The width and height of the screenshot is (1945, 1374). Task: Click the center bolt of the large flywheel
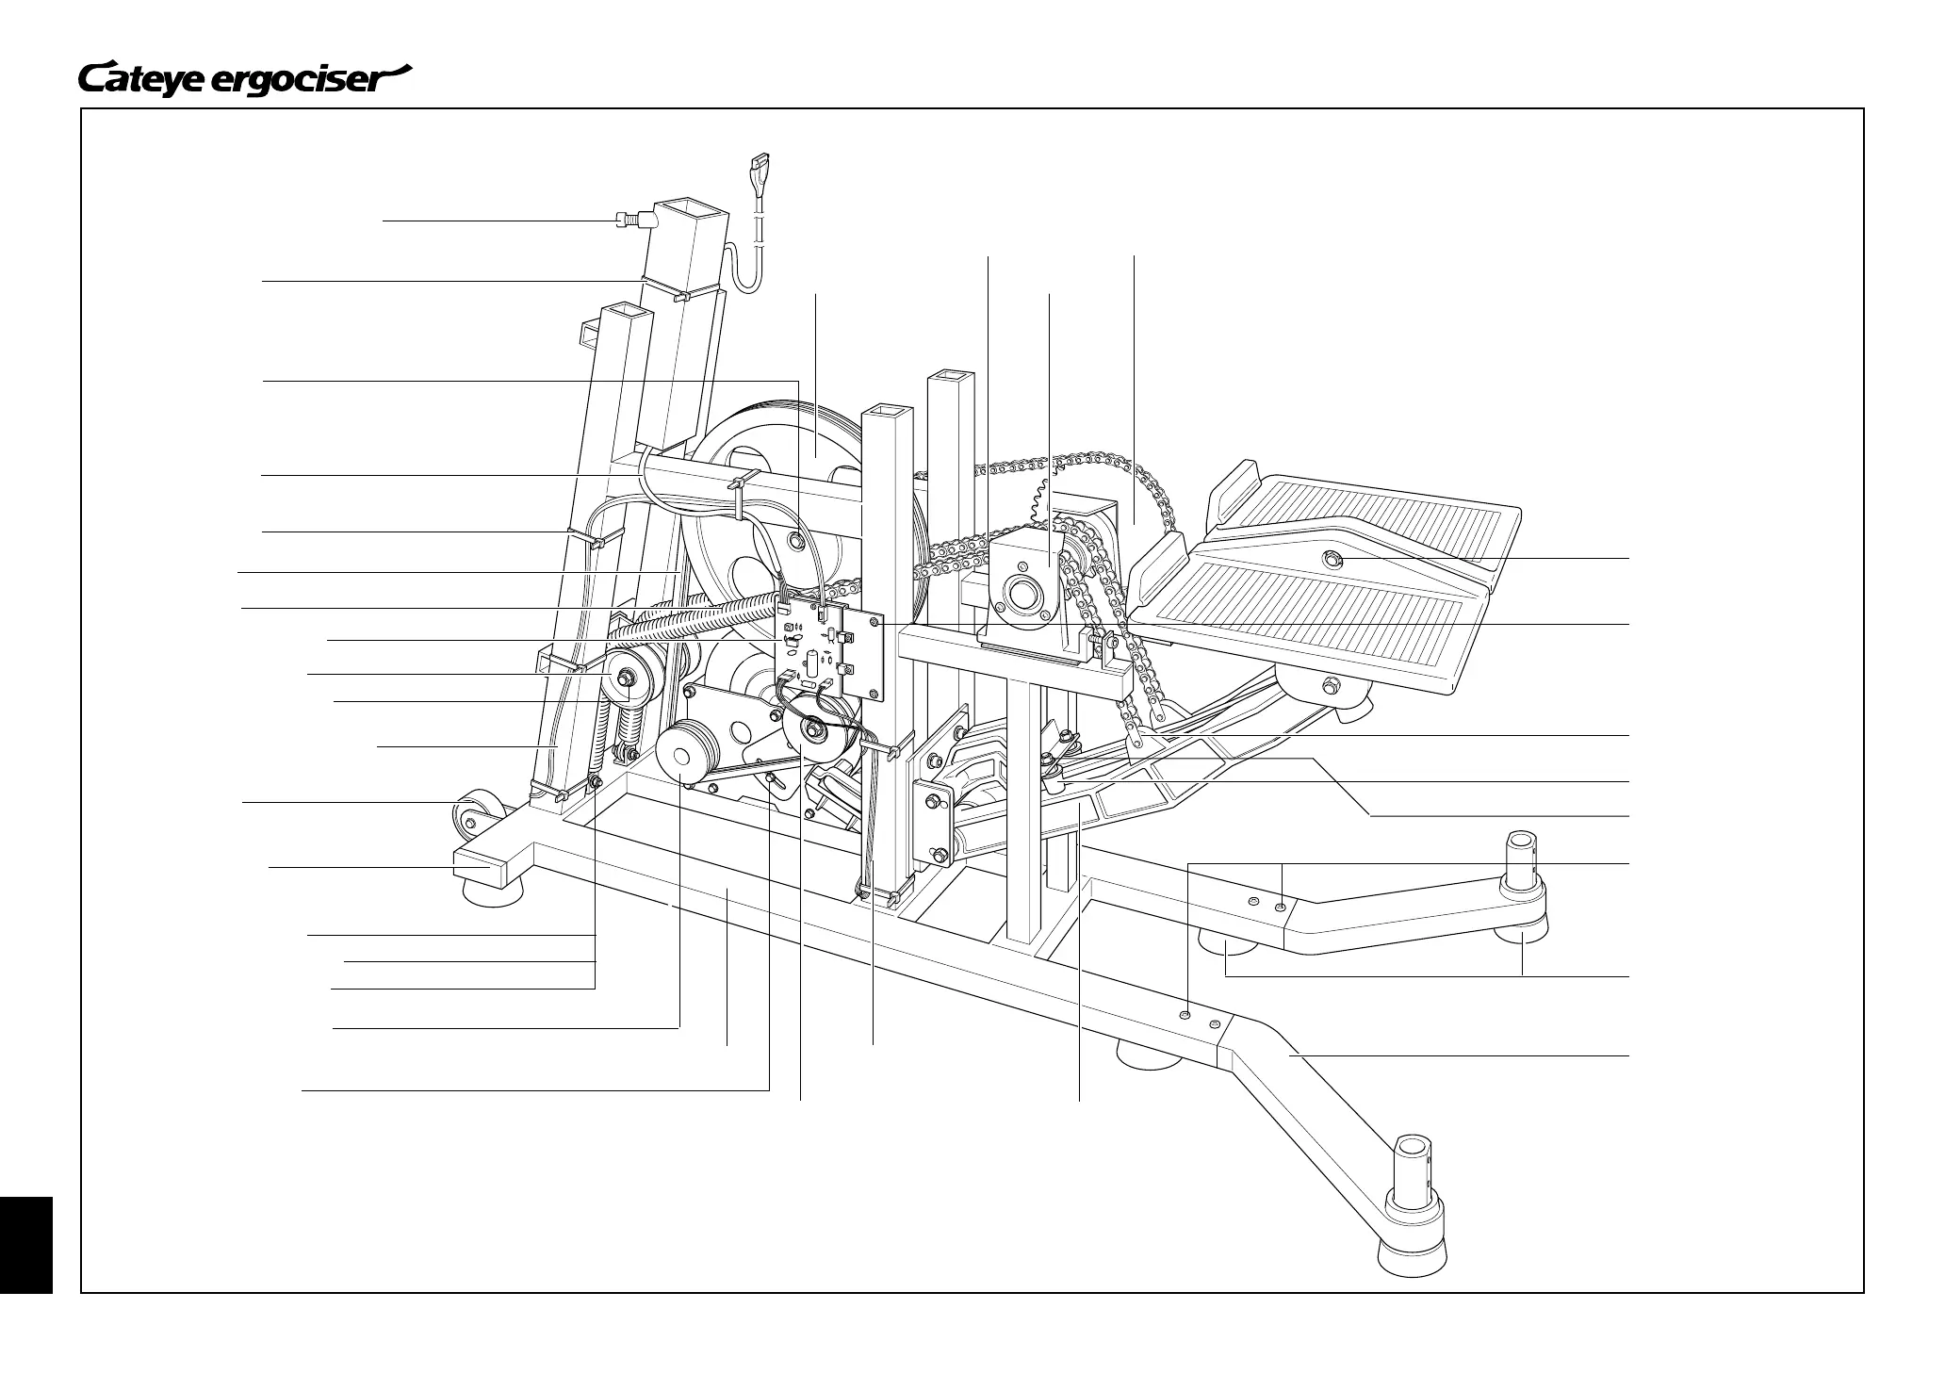(x=796, y=541)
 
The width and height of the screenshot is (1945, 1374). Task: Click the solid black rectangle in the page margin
(x=25, y=1244)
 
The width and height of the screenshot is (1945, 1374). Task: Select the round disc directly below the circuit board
(x=809, y=733)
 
